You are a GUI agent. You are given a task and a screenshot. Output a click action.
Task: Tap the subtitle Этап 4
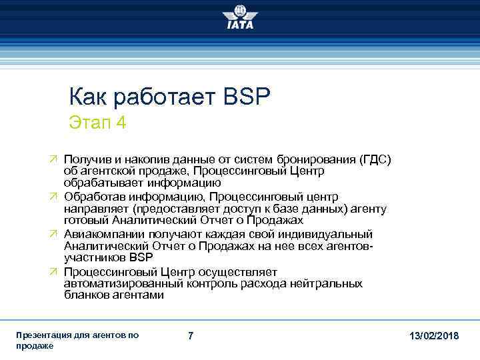pos(97,123)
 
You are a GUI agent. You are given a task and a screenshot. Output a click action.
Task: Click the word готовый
pos(85,219)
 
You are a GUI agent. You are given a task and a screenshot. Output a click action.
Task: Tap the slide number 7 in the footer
pos(191,336)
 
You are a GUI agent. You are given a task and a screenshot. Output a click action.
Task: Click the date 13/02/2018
pos(433,336)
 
